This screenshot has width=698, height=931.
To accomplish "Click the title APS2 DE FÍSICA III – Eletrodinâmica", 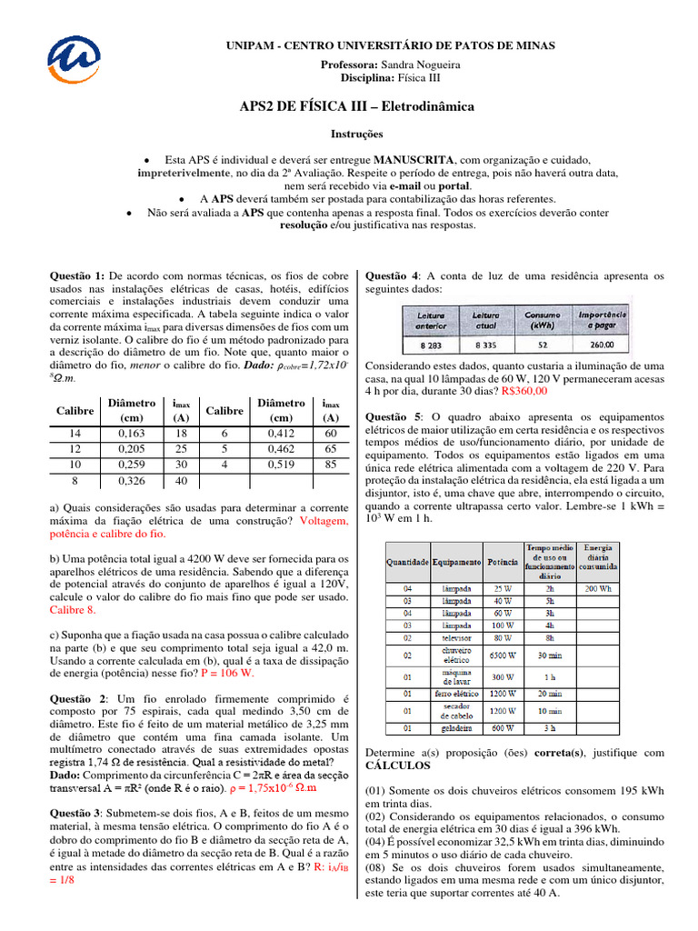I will coord(349,106).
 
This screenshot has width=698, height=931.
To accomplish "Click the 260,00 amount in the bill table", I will coord(601,345).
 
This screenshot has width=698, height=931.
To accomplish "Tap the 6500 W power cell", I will coord(502,656).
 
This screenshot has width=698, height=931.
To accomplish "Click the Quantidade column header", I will coord(406,562).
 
